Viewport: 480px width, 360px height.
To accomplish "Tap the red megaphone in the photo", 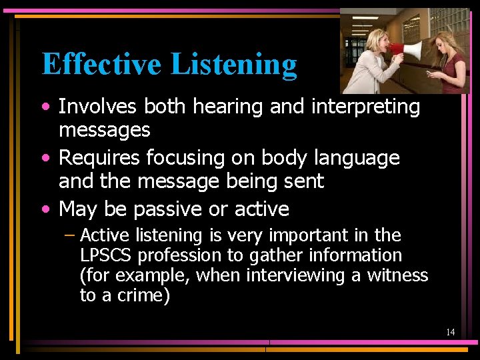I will [407, 49].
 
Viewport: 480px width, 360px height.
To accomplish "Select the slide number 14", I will [451, 332].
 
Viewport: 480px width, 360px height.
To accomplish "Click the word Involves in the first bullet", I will [99, 107].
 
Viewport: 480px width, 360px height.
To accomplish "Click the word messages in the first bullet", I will [105, 129].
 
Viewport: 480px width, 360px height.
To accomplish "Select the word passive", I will [169, 209].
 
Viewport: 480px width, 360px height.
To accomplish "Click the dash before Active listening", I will [70, 235].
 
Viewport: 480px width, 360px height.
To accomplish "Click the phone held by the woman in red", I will [429, 73].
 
